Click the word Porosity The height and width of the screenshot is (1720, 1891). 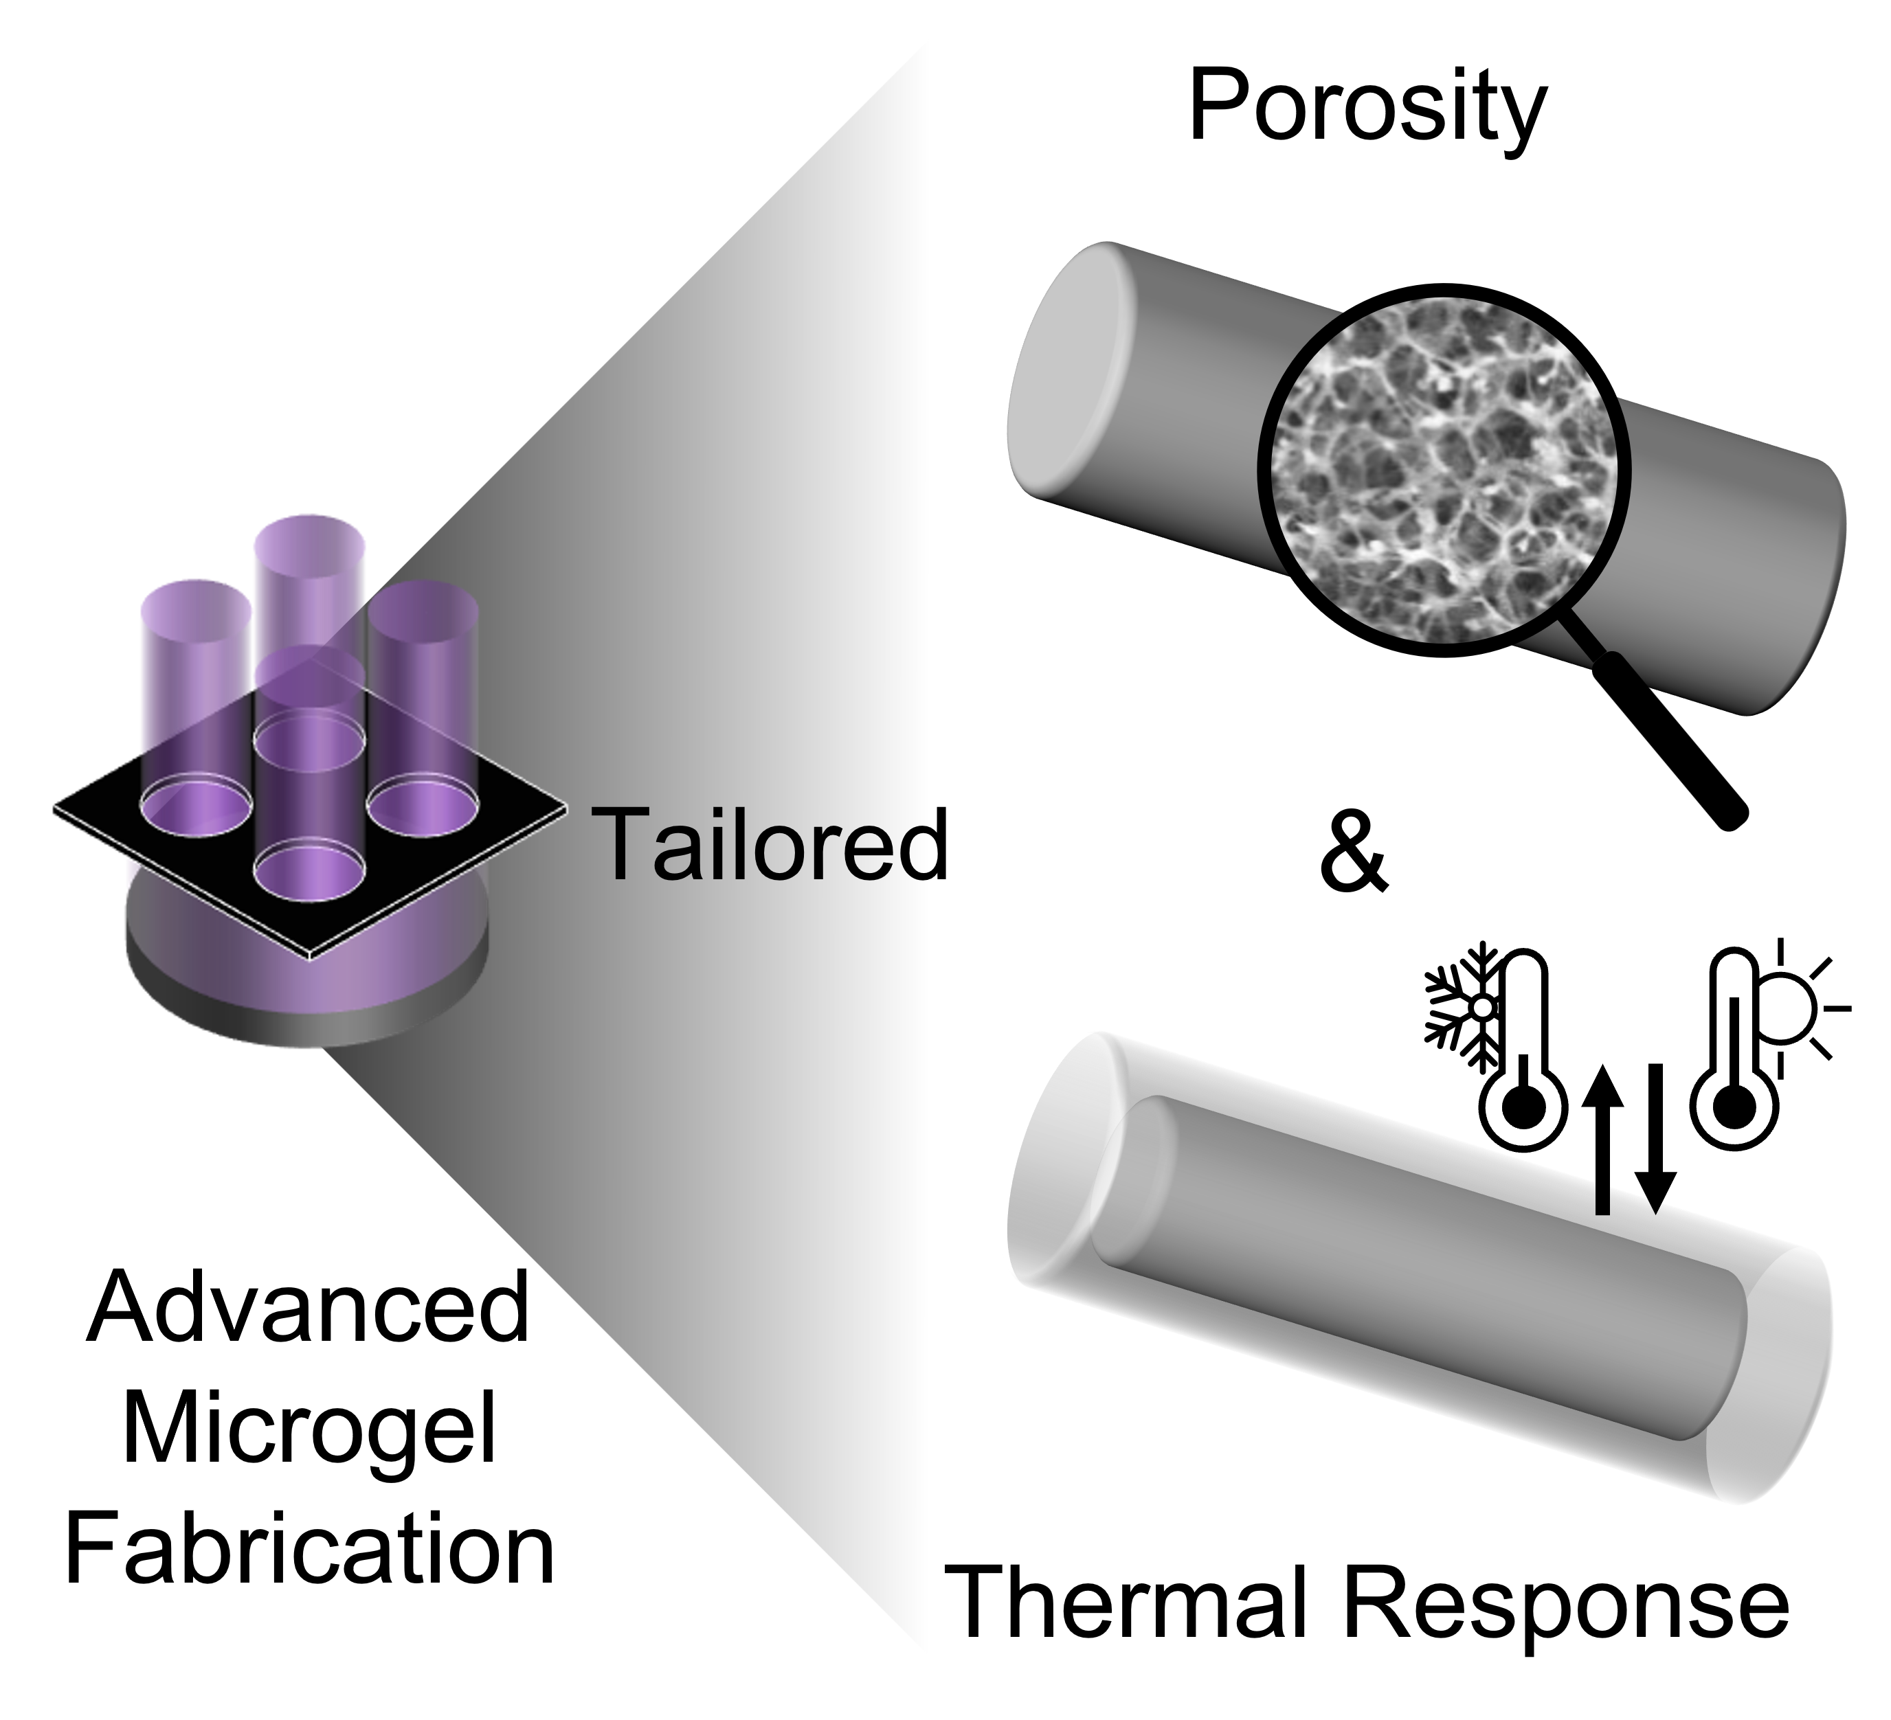point(1366,111)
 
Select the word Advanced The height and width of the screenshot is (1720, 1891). point(309,1311)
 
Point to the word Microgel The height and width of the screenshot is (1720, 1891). point(309,1431)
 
